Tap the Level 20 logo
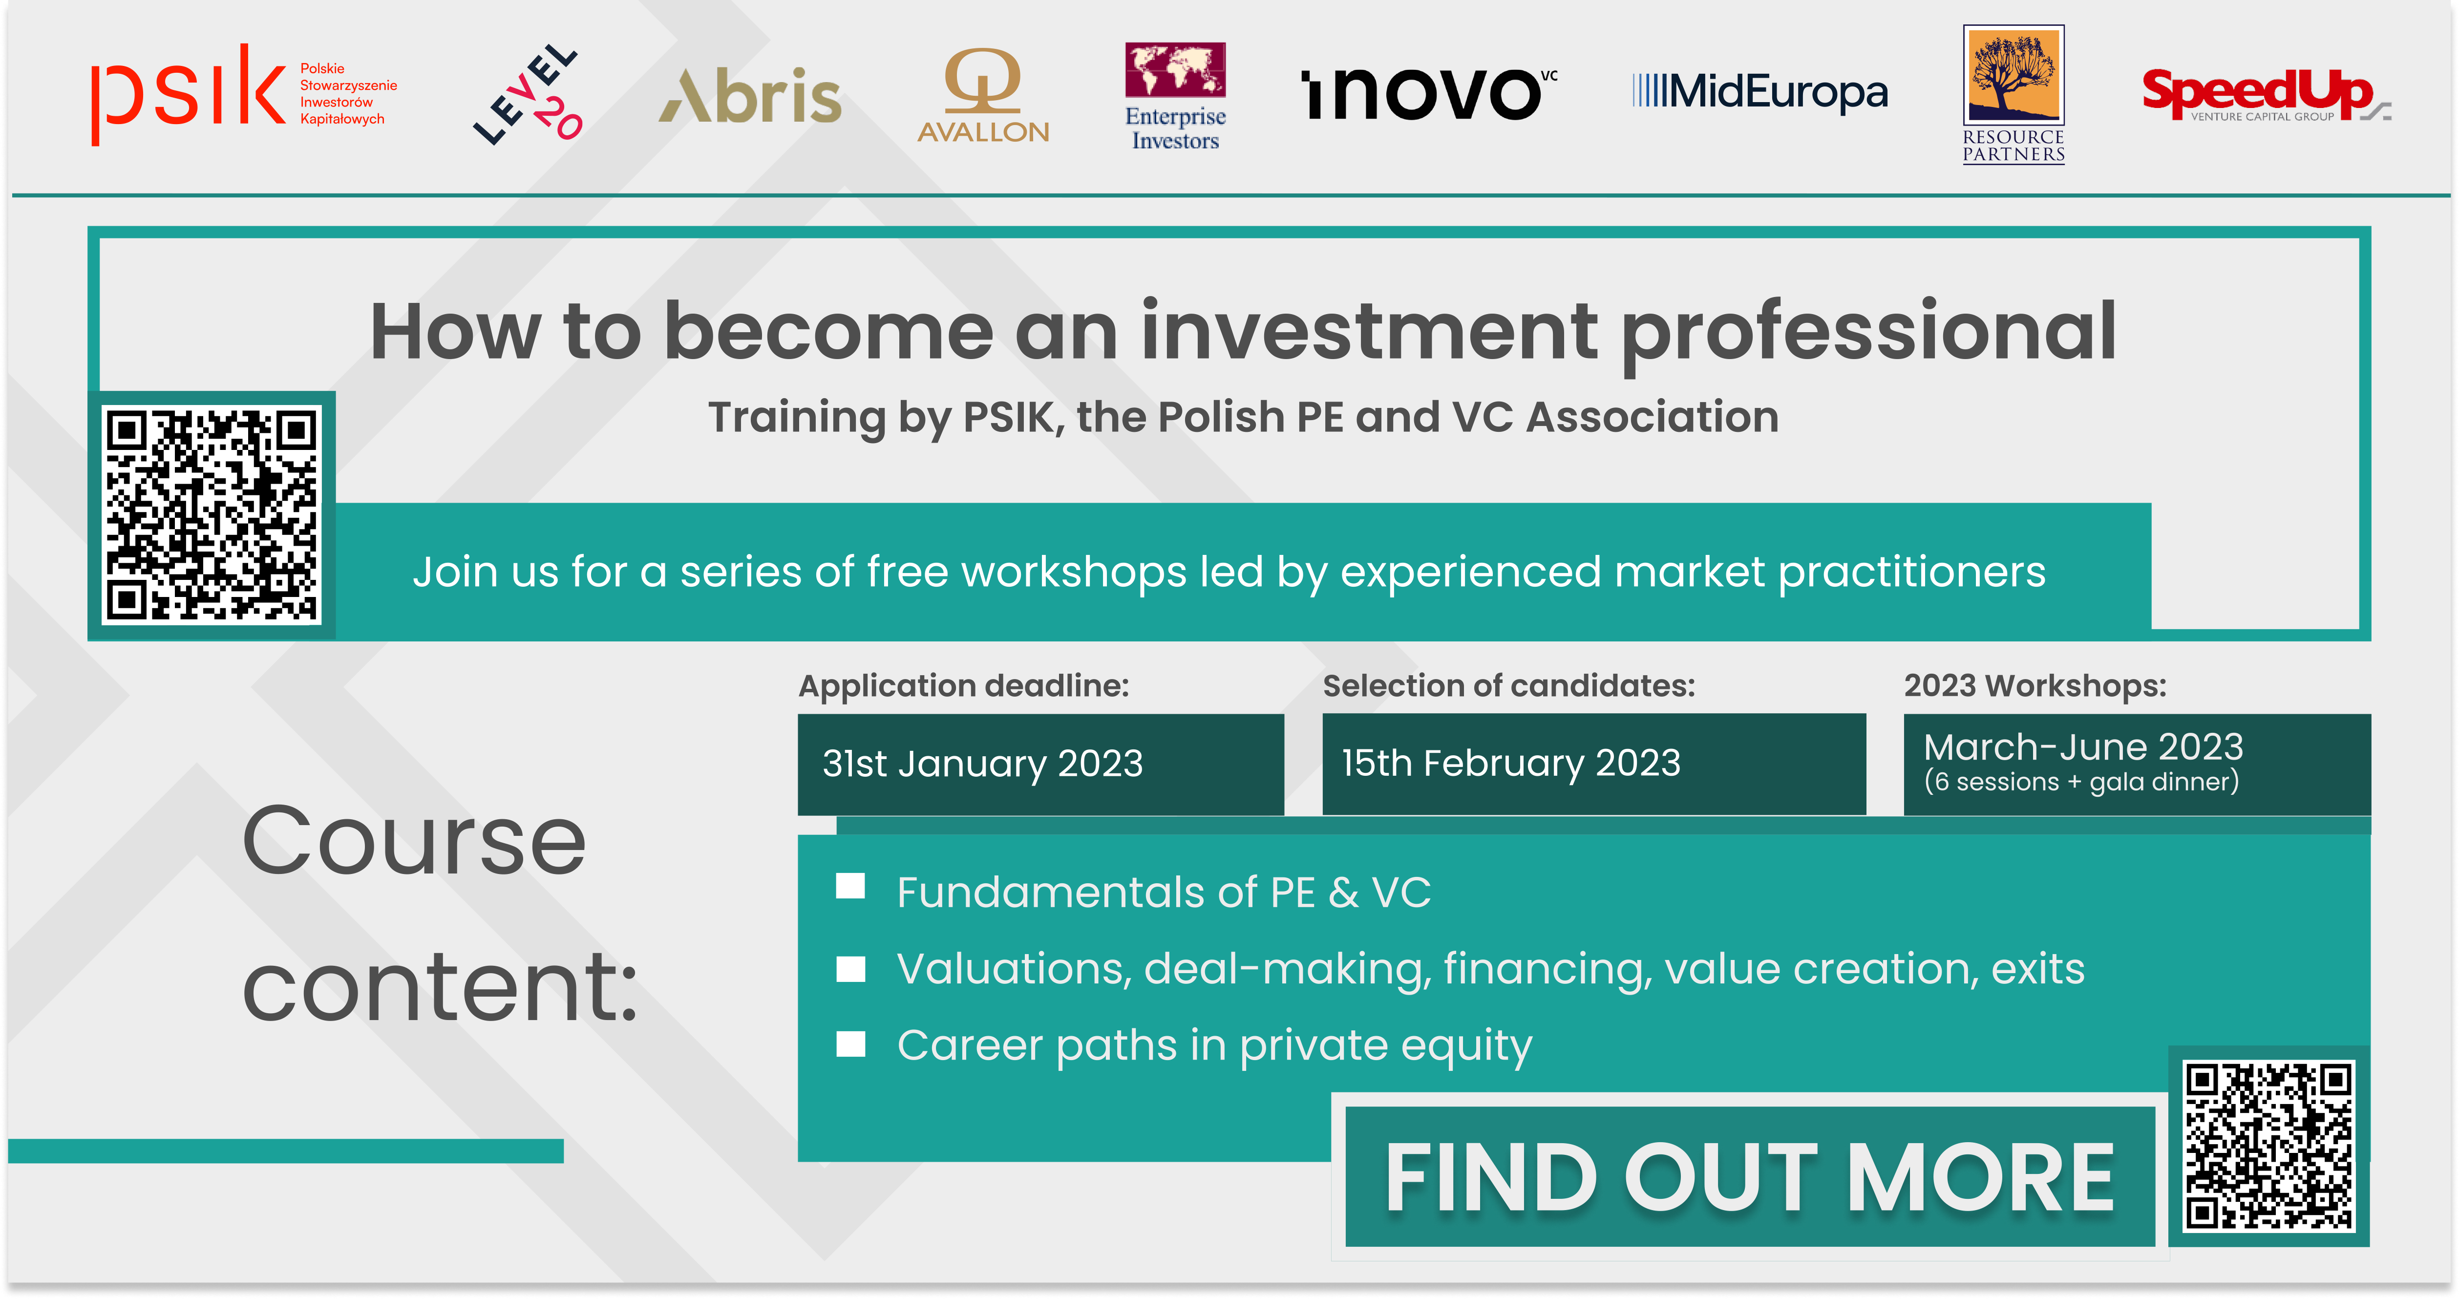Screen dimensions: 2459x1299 528,93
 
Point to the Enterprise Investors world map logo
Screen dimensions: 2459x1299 1175,95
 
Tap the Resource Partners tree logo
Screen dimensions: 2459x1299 2013,94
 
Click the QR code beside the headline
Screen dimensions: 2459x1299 212,515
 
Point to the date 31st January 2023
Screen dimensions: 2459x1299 982,764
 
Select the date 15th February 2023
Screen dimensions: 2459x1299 1511,764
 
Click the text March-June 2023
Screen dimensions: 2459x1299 2083,746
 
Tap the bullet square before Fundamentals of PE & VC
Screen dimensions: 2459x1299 850,887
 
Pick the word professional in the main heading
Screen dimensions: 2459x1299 1869,334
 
